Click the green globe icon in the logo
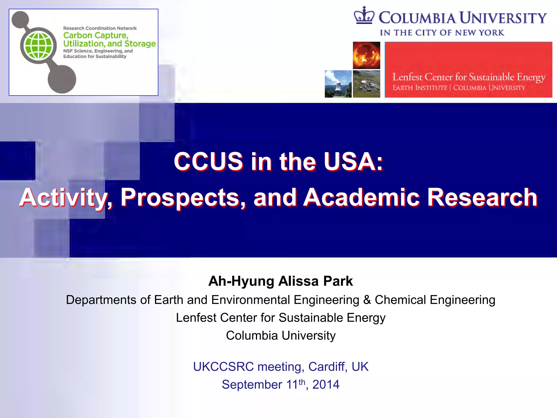(x=39, y=45)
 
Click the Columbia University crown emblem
(x=364, y=16)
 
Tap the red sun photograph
(x=366, y=55)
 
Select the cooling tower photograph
(x=338, y=84)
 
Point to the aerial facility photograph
(x=366, y=84)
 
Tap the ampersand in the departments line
(x=367, y=300)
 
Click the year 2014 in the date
(x=326, y=385)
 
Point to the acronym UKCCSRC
(x=223, y=367)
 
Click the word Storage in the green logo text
(x=140, y=44)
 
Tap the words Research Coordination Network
(x=100, y=28)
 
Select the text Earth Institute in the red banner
(x=420, y=88)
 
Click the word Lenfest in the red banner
(x=407, y=77)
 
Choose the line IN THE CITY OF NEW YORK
(x=442, y=33)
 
